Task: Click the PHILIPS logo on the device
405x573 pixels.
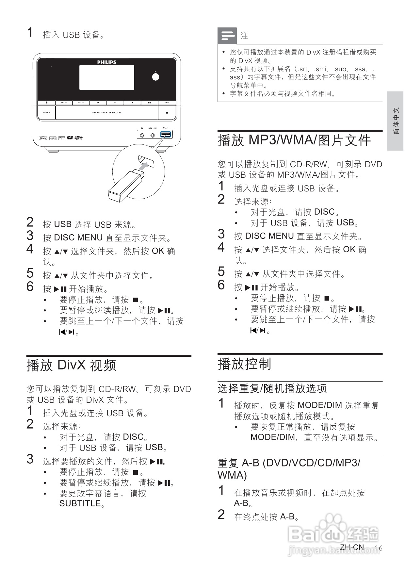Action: (x=106, y=62)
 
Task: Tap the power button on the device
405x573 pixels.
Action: (x=46, y=103)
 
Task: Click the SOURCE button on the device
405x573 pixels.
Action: (x=46, y=112)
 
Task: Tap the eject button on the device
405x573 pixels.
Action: (x=167, y=112)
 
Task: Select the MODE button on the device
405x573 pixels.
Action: (x=167, y=103)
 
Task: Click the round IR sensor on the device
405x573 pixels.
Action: (x=156, y=76)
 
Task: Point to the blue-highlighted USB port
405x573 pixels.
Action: (x=166, y=135)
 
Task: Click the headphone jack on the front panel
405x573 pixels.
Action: (x=142, y=135)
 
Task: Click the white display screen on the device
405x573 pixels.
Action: (x=106, y=77)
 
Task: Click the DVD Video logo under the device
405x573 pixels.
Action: (x=70, y=138)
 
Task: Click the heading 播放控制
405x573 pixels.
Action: (x=245, y=364)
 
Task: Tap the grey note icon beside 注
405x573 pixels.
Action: (x=227, y=36)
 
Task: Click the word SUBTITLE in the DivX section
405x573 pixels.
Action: (x=80, y=503)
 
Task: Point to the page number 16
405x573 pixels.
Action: (x=378, y=548)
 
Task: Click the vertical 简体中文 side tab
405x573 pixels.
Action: (x=396, y=121)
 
